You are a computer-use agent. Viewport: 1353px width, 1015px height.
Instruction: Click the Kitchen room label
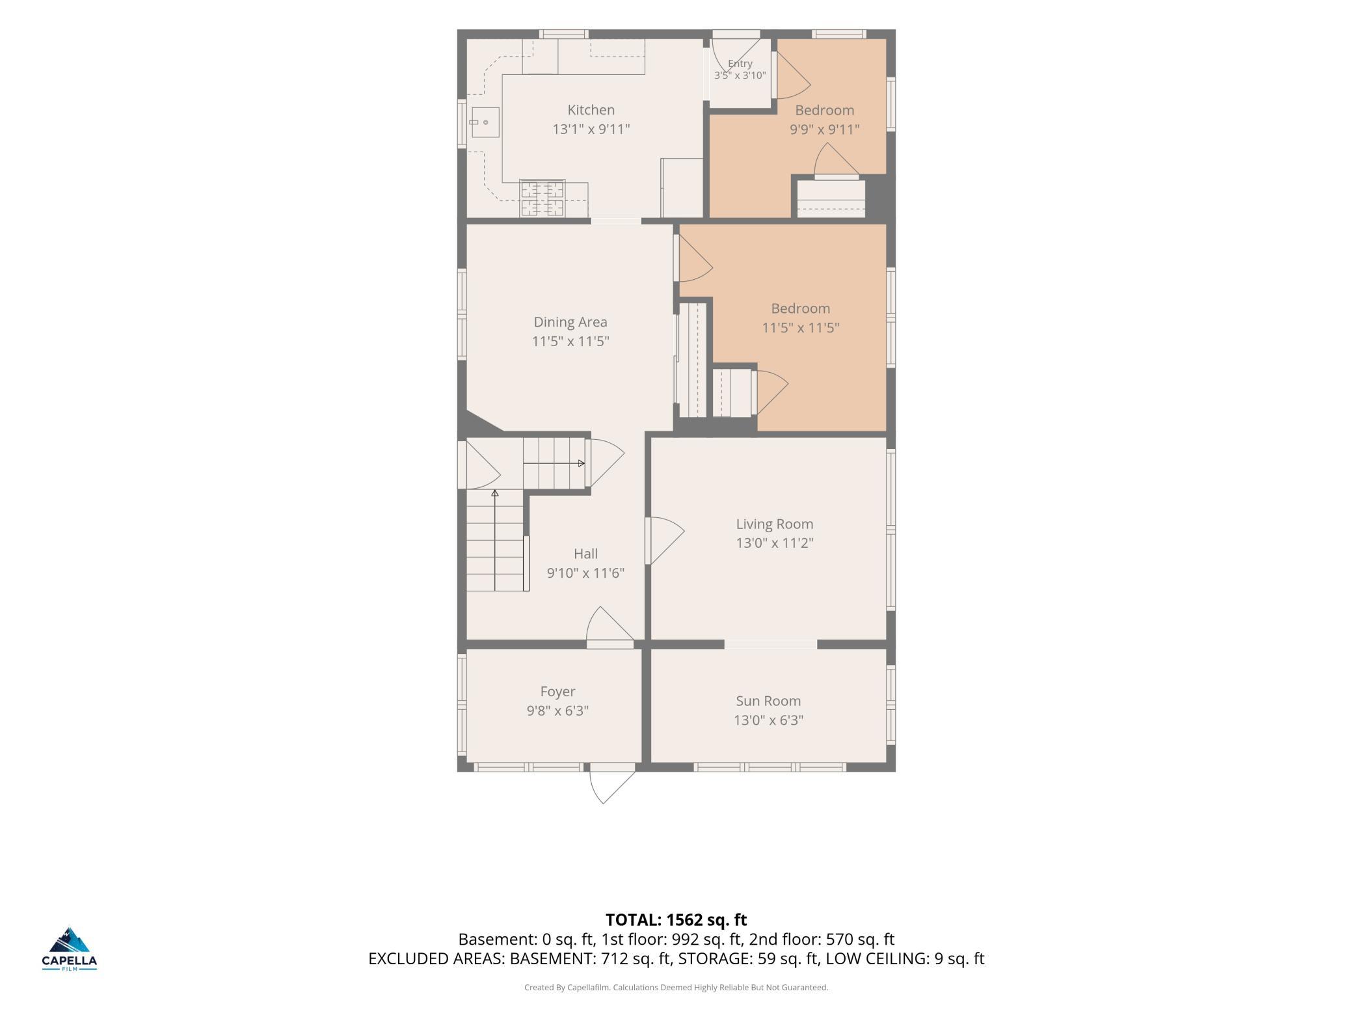coord(591,110)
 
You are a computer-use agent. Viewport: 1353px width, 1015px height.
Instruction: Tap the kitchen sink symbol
coord(485,122)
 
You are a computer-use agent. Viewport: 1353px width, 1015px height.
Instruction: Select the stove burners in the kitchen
coord(542,198)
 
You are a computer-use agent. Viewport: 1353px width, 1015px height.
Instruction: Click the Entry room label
coord(740,63)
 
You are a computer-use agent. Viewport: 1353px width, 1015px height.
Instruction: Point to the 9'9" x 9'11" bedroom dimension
coord(824,129)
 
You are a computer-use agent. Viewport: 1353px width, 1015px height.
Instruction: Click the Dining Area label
coord(570,322)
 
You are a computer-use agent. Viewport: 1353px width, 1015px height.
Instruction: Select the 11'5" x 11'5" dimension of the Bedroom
coord(800,327)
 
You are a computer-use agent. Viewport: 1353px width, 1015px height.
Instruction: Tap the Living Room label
coord(774,524)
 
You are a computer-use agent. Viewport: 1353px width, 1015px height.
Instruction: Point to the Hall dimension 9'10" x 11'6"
coord(585,573)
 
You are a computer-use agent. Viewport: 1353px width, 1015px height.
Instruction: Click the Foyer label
coord(557,692)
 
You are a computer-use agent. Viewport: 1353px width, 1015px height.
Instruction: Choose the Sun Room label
coord(768,701)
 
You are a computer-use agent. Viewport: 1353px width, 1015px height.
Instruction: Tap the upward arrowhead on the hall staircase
coord(495,493)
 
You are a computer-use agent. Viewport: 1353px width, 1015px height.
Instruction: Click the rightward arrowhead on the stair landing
coord(582,463)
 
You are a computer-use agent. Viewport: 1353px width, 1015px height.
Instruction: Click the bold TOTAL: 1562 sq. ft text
coord(676,919)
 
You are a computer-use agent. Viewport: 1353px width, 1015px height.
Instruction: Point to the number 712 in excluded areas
coord(612,958)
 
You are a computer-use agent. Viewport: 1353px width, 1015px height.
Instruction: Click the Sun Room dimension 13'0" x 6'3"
coord(768,720)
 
